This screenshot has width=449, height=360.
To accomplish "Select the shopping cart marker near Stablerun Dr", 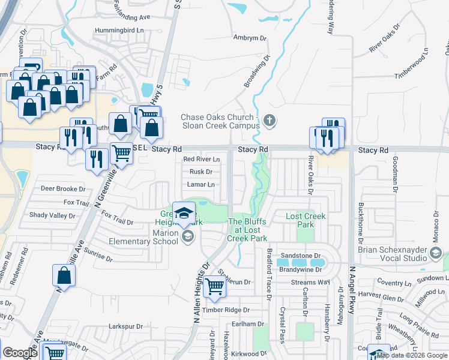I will pos(214,287).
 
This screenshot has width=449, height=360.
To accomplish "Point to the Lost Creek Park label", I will pos(301,220).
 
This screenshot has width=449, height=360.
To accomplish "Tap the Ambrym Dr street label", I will pos(249,38).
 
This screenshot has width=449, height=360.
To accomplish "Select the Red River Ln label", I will pos(202,159).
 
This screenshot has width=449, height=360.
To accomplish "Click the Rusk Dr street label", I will pos(201,172).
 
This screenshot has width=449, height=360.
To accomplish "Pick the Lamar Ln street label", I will pos(202,185).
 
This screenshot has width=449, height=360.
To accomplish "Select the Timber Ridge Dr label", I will pos(225,310).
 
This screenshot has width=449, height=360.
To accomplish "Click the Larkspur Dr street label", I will pos(125,326).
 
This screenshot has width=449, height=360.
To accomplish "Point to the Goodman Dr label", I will pos(396,173).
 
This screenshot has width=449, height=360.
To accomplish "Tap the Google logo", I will pos(19,352).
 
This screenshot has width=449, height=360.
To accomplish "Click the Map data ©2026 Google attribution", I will pos(411,356).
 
